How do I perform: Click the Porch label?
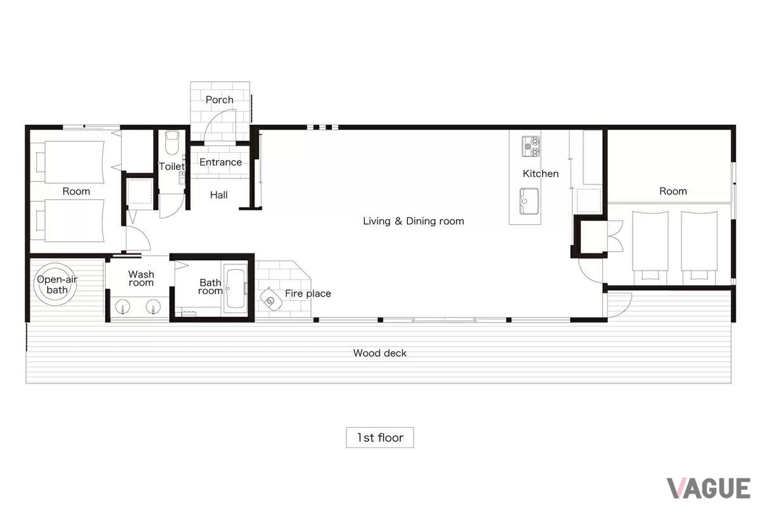pos(220,100)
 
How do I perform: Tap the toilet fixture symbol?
pos(172,143)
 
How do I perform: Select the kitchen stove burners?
pos(531,146)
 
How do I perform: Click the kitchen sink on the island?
pos(529,202)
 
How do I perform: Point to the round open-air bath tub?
pos(56,285)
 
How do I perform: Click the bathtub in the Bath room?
pos(236,288)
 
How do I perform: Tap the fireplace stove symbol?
pos(271,300)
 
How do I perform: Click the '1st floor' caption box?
pos(379,437)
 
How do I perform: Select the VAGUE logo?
pos(709,489)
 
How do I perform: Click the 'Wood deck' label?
pos(379,353)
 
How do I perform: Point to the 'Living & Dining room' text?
pos(413,221)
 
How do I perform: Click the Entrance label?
pos(220,162)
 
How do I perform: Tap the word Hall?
pos(219,195)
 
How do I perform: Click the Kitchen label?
pos(540,174)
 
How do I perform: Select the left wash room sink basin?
pos(122,307)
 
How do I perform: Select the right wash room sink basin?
pos(153,307)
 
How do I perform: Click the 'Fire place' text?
pos(308,293)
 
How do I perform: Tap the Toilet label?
pos(172,167)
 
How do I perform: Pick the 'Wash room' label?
pos(141,278)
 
